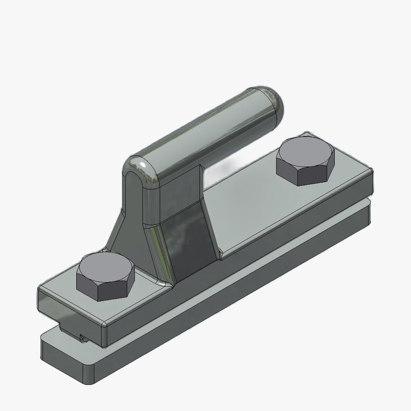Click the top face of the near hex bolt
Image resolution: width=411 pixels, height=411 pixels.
105,269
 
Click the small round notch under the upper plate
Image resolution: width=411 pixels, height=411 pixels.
83,338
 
